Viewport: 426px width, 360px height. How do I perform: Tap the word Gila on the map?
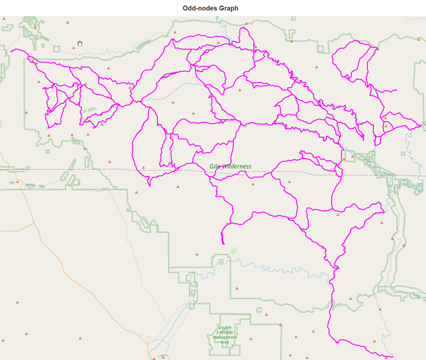[215, 166]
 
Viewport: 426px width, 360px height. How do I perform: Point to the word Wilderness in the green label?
[237, 166]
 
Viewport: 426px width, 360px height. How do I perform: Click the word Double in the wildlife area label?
[225, 328]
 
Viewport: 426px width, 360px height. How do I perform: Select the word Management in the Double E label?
[225, 337]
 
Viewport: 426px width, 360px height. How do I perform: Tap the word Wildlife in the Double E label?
[227, 332]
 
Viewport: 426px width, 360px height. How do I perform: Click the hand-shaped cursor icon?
[80, 44]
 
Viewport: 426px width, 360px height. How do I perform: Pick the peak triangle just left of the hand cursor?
[74, 48]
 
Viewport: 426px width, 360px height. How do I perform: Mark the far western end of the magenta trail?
[11, 51]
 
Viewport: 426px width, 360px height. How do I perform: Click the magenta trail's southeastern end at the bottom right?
[393, 357]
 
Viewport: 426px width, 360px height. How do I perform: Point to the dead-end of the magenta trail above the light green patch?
[224, 244]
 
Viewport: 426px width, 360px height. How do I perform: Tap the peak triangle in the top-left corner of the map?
[4, 19]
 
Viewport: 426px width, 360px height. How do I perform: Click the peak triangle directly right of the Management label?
[251, 339]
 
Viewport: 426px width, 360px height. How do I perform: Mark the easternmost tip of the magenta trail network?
[421, 125]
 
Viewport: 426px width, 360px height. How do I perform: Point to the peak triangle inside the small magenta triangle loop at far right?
[386, 126]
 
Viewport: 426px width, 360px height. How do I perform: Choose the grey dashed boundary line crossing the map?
[98, 169]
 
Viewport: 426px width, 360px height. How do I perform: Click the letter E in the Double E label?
[218, 332]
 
